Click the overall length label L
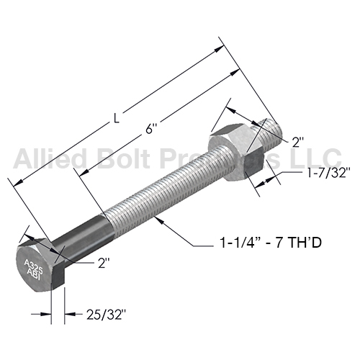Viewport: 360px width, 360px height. click(117, 118)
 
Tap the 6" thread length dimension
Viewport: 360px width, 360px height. click(149, 129)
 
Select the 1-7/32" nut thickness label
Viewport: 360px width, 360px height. click(327, 173)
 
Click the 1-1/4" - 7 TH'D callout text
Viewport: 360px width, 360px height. click(271, 243)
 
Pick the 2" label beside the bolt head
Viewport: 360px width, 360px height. click(104, 264)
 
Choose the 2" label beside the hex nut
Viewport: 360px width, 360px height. click(298, 143)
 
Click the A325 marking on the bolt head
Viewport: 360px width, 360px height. click(34, 266)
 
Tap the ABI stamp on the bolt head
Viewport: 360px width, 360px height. click(34, 275)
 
